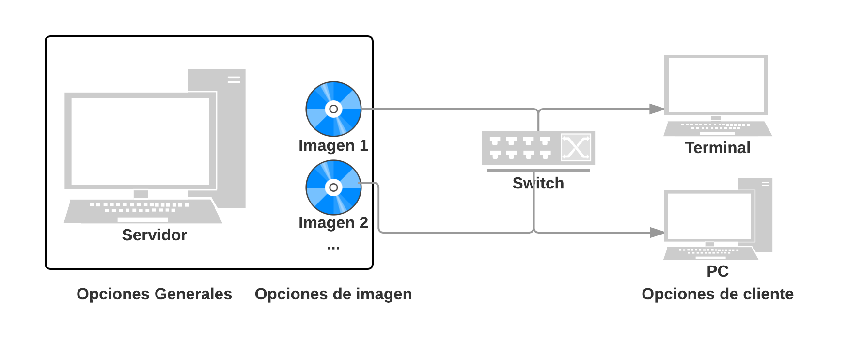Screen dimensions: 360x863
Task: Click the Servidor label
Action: [x=154, y=235]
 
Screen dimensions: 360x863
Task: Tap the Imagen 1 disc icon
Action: [x=333, y=109]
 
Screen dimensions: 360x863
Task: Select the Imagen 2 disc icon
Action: [x=333, y=188]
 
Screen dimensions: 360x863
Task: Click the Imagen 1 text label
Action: [x=333, y=146]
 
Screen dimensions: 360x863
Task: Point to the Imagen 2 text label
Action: [x=333, y=223]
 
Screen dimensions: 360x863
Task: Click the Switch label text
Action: [x=538, y=184]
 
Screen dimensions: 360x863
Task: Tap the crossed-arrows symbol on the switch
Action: [x=576, y=147]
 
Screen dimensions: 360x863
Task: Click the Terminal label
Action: [x=717, y=148]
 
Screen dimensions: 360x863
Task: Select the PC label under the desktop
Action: [x=717, y=271]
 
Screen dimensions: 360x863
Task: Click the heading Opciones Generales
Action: [x=154, y=294]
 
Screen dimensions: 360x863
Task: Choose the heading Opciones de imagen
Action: [x=333, y=294]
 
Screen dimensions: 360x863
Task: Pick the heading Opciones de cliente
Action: [x=717, y=294]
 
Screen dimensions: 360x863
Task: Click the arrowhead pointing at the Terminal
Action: [x=658, y=109]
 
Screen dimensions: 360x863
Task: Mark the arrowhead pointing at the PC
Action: [x=658, y=233]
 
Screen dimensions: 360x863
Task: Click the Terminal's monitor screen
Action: [x=716, y=85]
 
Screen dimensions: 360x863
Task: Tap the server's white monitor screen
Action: [x=141, y=141]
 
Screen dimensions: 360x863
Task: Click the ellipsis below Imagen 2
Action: [x=333, y=248]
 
